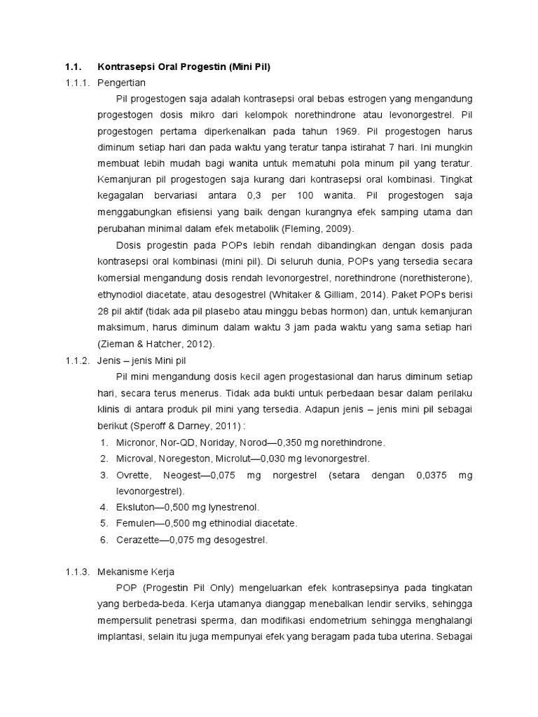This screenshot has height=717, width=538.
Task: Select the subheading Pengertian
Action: (x=120, y=82)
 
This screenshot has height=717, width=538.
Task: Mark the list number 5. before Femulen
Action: (x=103, y=523)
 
